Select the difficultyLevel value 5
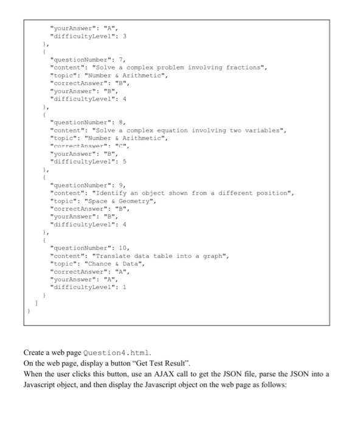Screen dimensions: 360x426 tap(126, 161)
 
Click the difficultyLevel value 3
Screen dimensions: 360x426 tap(126, 36)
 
